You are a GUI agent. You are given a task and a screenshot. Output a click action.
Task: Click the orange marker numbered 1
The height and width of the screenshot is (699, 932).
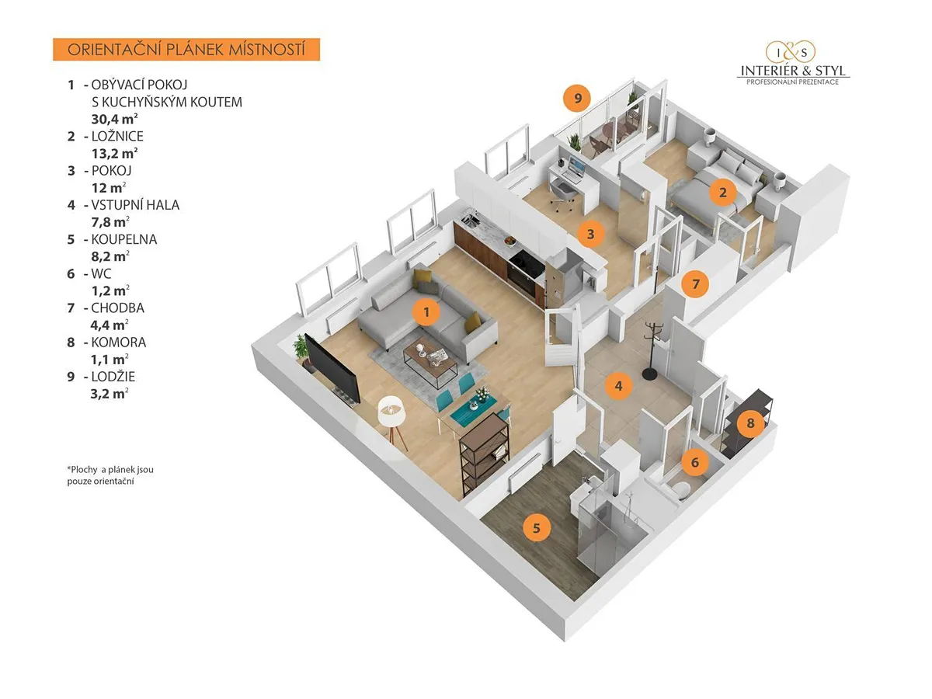(x=426, y=312)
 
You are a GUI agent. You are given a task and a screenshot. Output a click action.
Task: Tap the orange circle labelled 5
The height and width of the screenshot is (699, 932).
(x=537, y=528)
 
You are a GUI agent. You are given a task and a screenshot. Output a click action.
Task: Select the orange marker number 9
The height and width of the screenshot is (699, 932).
(x=578, y=99)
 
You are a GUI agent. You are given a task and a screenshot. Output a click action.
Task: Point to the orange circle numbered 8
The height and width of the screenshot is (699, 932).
(x=751, y=423)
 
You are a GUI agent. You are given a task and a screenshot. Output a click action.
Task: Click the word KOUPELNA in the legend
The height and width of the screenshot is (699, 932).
(x=124, y=239)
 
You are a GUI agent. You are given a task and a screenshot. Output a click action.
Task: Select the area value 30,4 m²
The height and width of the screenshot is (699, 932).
(x=115, y=119)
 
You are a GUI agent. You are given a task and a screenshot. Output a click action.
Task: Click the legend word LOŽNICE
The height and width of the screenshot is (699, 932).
(x=117, y=136)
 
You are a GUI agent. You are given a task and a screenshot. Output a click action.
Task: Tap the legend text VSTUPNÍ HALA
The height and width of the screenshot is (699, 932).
(x=135, y=205)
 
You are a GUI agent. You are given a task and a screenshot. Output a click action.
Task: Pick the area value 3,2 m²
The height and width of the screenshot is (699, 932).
(x=110, y=394)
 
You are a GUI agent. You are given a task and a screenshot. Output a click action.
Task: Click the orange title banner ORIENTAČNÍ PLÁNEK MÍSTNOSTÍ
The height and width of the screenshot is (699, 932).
(x=186, y=50)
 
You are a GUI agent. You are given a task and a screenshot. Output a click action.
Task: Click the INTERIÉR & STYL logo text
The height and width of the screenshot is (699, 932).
(x=793, y=71)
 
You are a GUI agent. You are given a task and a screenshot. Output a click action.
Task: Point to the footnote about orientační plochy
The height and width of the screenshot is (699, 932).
(x=110, y=475)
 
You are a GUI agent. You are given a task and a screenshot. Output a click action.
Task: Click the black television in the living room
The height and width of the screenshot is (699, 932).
(x=332, y=369)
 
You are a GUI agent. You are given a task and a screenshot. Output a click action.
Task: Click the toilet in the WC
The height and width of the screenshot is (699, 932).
(x=678, y=489)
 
